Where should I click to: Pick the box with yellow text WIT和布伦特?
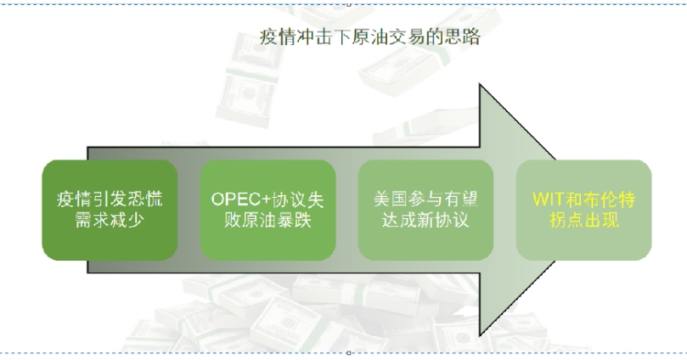click(x=583, y=210)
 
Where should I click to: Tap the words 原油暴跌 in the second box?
click(x=278, y=220)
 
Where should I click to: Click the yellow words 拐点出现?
click(x=583, y=220)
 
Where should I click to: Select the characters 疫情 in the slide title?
click(x=273, y=37)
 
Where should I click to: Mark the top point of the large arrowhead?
click(x=481, y=86)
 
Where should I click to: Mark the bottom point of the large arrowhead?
click(x=481, y=334)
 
